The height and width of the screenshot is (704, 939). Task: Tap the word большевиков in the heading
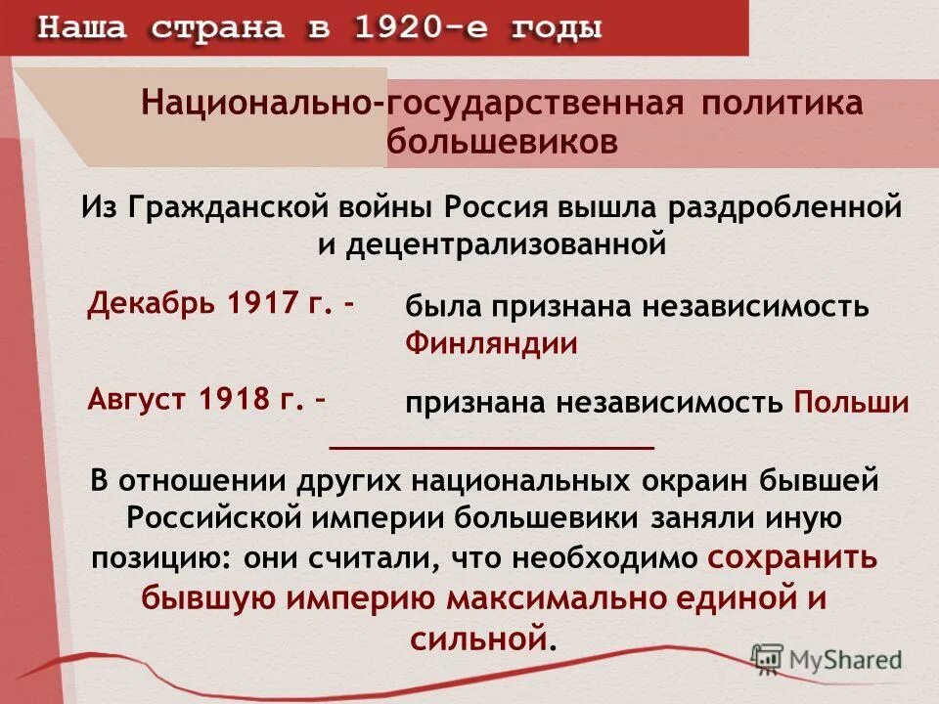503,142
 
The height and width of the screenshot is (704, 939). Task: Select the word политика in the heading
781,103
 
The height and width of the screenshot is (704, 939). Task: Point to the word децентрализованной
505,243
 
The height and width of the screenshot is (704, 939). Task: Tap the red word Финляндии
491,344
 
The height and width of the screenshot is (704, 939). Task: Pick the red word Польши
851,403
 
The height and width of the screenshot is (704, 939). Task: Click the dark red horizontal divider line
492,447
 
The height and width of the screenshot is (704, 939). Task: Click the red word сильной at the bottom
476,639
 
